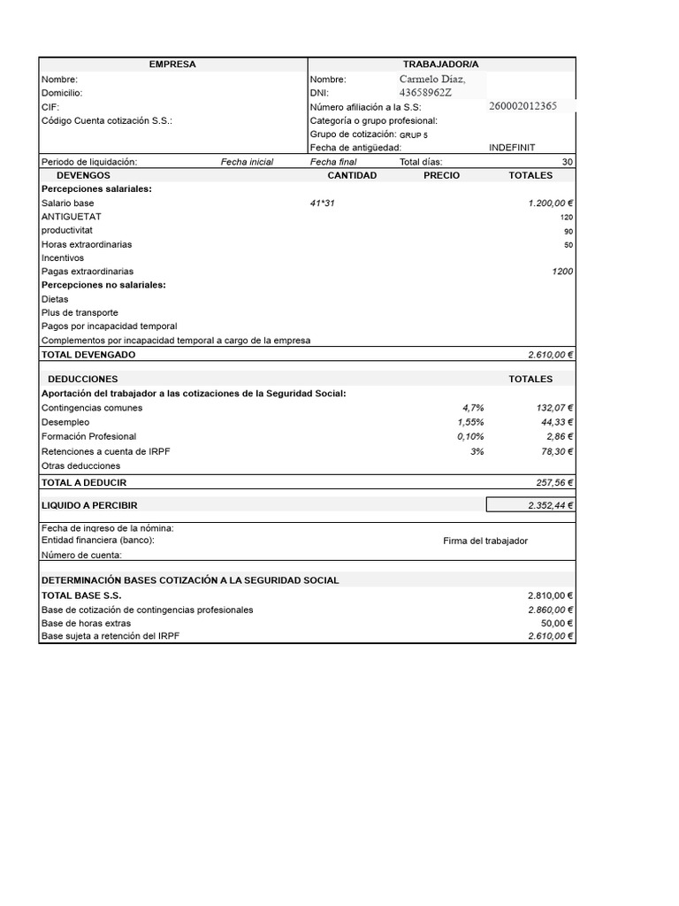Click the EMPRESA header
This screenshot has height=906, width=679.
pos(172,65)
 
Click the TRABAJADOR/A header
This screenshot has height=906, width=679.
pos(440,65)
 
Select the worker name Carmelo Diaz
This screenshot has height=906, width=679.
pos(431,80)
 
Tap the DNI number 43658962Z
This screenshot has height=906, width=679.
pos(425,93)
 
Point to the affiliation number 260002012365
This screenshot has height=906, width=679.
pos(523,106)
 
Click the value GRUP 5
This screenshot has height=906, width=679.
pos(413,134)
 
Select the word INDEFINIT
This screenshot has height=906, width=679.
pos(512,148)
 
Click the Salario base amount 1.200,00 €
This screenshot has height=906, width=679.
pos(551,203)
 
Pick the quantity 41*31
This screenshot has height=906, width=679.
pos(323,203)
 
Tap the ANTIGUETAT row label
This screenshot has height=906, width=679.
pos(71,217)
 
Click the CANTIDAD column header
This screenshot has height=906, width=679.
pos(352,175)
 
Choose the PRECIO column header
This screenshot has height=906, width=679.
pos(441,175)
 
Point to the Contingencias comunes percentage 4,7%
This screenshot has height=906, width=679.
pos(473,408)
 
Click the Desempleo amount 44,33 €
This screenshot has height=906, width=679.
pos(556,422)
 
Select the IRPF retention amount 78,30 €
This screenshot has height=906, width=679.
pos(556,451)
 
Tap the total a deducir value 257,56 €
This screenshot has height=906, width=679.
pos(553,482)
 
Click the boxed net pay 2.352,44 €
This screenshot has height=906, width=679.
pos(530,504)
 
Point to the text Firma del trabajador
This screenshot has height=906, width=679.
pos(485,541)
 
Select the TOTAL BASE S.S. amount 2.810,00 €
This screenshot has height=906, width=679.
pos(551,595)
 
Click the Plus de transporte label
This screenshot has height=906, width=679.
pos(80,312)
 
